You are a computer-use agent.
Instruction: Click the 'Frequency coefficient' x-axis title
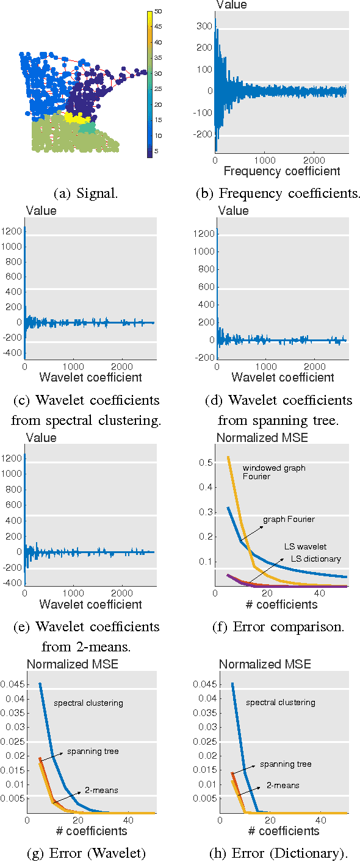(283, 172)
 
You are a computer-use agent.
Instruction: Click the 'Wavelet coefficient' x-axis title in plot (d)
(283, 377)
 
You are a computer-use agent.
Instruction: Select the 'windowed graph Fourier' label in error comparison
(273, 473)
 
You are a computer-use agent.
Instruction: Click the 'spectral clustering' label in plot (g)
(88, 703)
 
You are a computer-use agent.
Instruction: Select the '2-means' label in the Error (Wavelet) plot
(102, 790)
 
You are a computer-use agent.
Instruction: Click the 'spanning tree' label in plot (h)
(286, 764)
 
